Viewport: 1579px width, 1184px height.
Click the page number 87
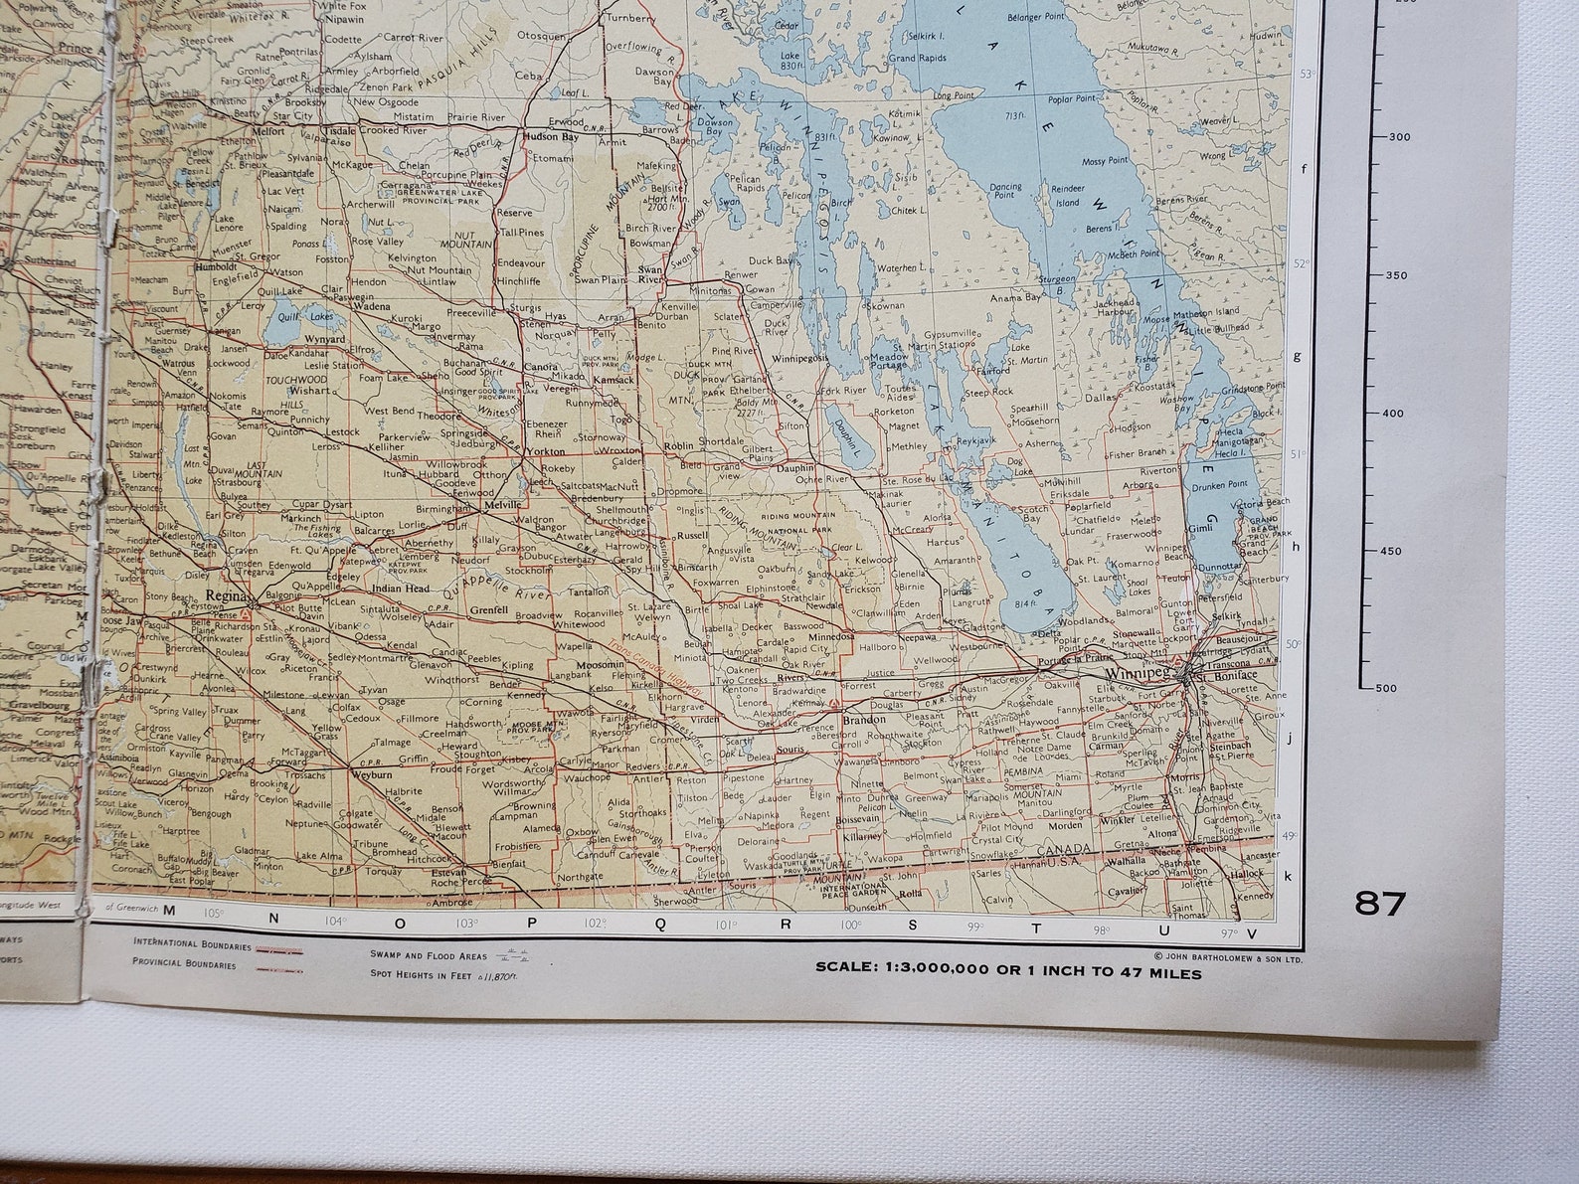[x=1380, y=904]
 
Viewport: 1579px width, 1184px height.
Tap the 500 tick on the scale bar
[x=1386, y=688]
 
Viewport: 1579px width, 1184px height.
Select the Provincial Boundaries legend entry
[x=184, y=964]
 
